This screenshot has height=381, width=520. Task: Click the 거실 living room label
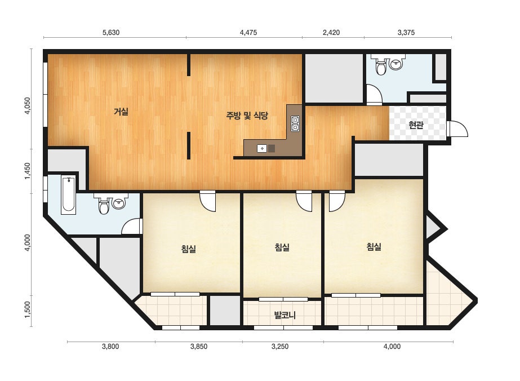[x=121, y=112]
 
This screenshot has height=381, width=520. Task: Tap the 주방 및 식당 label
[x=247, y=116]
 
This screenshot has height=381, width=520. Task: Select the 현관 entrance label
[x=416, y=125]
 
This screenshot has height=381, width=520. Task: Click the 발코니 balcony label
[x=285, y=314]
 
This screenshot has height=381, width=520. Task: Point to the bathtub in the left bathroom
[x=69, y=195]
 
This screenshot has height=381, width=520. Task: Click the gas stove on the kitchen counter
[x=295, y=123]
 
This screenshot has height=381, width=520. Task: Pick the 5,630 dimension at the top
[x=111, y=33]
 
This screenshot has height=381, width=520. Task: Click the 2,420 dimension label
[x=331, y=33]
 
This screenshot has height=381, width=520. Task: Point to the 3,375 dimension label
[x=406, y=33]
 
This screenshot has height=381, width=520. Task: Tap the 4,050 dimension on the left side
[x=28, y=105]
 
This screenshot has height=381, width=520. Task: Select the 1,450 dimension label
[x=28, y=171]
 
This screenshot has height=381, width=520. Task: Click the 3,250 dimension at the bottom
[x=280, y=347]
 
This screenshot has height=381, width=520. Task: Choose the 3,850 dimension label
[x=199, y=347]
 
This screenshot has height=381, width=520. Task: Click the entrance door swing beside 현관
[x=458, y=129]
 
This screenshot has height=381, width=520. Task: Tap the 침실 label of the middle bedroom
[x=282, y=247]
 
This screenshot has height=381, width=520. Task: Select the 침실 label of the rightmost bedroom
[x=374, y=247]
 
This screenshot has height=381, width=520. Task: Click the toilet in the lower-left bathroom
[x=104, y=206]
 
